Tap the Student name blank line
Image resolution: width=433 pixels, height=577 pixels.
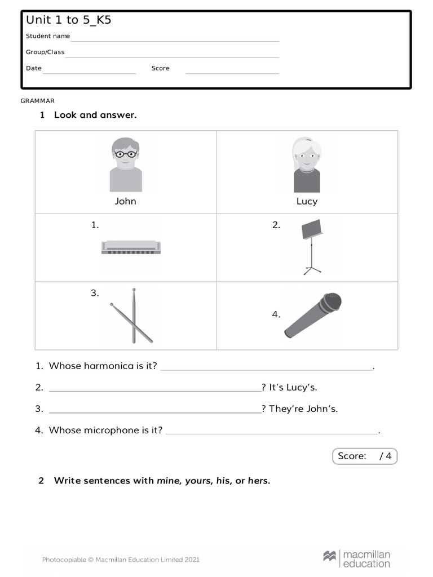coord(175,40)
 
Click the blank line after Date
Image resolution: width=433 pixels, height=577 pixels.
coord(90,72)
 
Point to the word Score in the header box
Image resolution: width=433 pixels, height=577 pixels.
coord(160,68)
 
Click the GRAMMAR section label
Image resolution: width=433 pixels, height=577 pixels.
coord(38,101)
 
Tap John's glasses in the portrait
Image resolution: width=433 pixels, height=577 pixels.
coord(125,153)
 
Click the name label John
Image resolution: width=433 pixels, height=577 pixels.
coord(125,201)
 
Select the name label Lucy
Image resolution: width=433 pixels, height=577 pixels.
coord(307,201)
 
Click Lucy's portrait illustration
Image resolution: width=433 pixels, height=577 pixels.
coord(307,165)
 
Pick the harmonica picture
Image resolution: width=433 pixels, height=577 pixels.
coord(131,247)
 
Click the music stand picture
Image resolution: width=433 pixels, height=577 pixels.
coord(312,246)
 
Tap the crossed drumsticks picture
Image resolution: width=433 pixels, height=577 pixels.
coord(132,316)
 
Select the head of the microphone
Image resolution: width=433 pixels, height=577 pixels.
coord(331,303)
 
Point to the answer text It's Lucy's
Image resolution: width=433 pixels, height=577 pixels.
coord(293,387)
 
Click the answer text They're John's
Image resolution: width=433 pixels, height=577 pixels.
coord(303,409)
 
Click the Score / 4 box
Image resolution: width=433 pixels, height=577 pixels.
coord(364,456)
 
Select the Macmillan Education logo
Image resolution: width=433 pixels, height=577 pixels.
coord(356,559)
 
